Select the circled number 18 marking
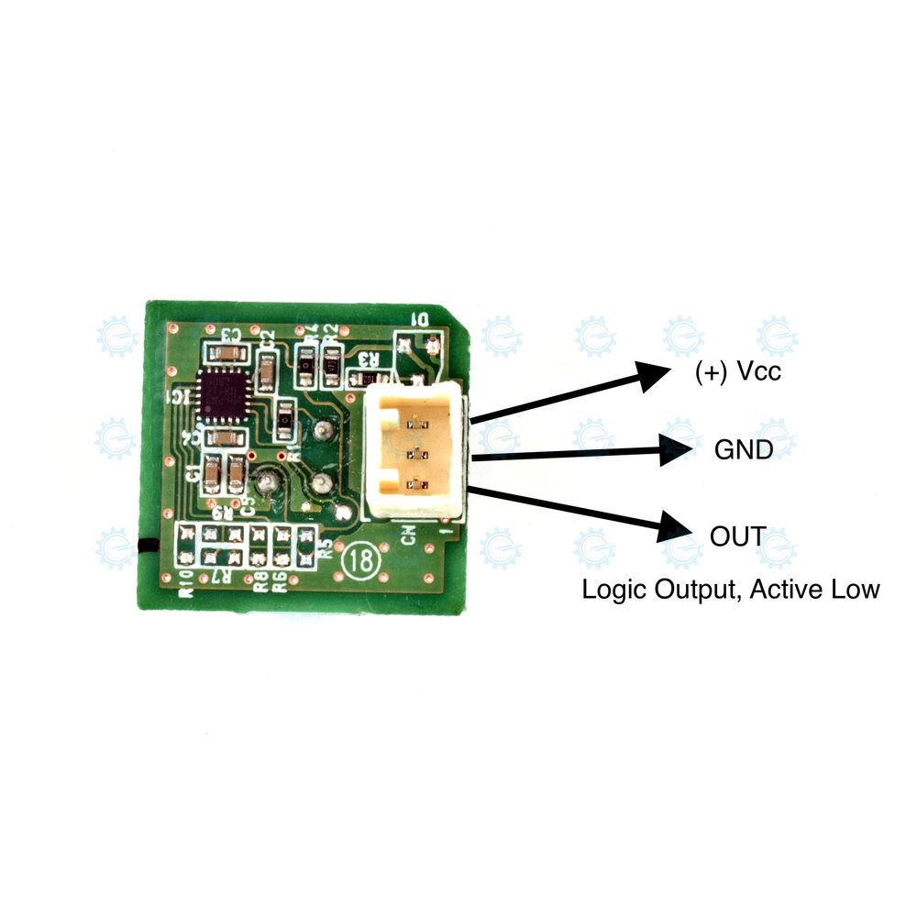pos(359,560)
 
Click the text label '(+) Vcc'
pos(738,373)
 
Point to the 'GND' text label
pos(744,449)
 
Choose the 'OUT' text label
pos(738,536)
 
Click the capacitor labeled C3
pos(226,352)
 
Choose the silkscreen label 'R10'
pos(186,583)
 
